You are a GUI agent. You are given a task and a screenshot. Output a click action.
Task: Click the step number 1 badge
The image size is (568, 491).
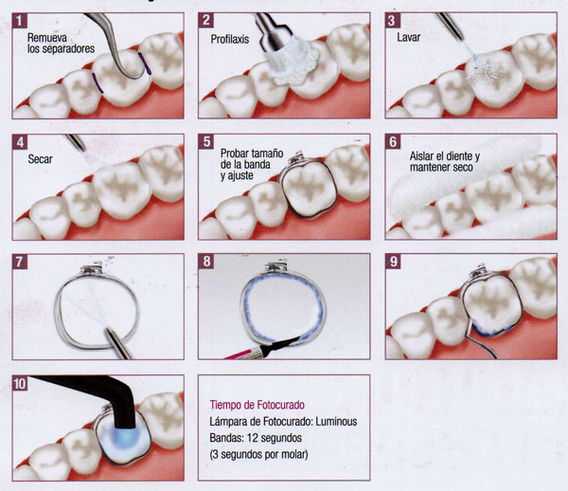click(20, 20)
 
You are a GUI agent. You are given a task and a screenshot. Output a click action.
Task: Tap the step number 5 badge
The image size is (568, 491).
click(206, 141)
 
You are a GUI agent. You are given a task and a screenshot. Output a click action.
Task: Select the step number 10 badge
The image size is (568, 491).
click(20, 383)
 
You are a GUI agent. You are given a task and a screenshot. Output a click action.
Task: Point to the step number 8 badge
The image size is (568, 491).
click(206, 261)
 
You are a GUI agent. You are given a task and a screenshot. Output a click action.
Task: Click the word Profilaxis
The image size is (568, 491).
click(230, 39)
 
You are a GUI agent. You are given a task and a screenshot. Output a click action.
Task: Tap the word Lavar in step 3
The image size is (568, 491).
click(408, 37)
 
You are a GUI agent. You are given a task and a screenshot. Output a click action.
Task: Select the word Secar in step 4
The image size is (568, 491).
click(40, 159)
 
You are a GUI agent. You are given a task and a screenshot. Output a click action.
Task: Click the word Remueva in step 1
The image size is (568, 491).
click(47, 37)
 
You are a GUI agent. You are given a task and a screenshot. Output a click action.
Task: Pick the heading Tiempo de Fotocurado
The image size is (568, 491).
click(257, 405)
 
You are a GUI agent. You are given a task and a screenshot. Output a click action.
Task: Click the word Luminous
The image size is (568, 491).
click(336, 422)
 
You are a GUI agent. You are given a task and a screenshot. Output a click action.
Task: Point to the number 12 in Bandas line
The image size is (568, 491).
click(252, 438)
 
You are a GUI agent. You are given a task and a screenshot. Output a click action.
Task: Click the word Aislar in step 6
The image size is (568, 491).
click(421, 156)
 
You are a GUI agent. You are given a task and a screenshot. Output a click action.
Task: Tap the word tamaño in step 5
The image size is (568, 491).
click(267, 154)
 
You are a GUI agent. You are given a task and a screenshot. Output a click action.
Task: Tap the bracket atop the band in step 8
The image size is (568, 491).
click(277, 267)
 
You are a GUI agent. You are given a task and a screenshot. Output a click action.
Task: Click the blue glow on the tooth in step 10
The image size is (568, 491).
click(125, 436)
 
